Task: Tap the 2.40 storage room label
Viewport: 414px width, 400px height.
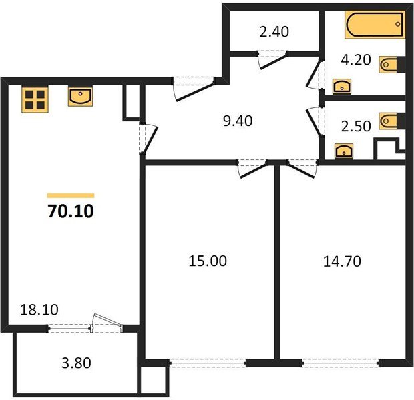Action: [x=273, y=31]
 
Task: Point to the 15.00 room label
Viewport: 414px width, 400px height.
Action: [x=207, y=261]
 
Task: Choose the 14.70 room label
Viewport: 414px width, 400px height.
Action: [x=342, y=261]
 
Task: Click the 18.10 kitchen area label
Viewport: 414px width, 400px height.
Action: [x=31, y=310]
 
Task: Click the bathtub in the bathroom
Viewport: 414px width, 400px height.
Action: [x=375, y=25]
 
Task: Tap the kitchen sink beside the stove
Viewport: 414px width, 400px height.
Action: [x=80, y=97]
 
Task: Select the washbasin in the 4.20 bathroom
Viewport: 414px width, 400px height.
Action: [x=341, y=85]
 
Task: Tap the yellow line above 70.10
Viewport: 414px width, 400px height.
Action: [x=71, y=195]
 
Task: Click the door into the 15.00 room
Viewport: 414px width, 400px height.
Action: [x=252, y=167]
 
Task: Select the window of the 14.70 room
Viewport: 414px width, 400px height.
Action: [x=341, y=363]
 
